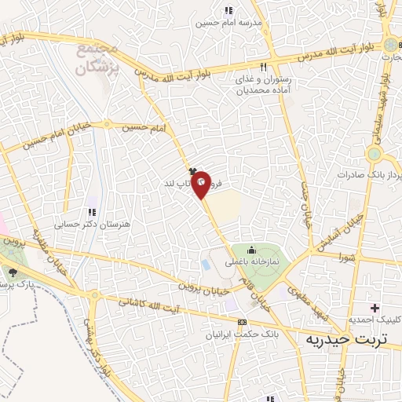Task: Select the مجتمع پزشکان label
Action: tap(97, 57)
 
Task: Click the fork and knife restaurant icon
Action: tap(265, 67)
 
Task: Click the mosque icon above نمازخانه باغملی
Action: tap(250, 250)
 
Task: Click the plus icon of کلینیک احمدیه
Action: tap(375, 307)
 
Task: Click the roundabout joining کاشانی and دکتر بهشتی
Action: tap(97, 297)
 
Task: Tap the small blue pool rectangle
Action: tap(206, 265)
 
